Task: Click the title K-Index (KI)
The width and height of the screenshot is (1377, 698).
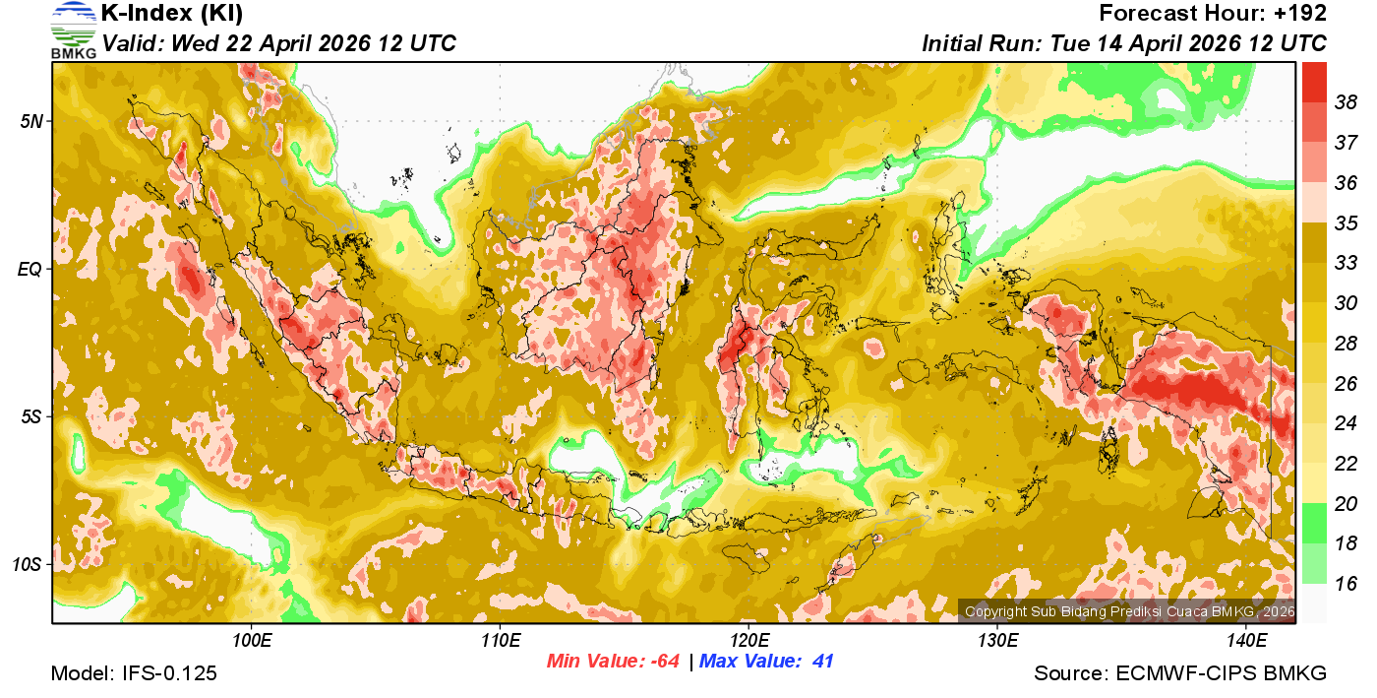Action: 172,14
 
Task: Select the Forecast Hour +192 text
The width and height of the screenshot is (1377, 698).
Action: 1213,14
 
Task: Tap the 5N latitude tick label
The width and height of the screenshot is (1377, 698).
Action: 31,121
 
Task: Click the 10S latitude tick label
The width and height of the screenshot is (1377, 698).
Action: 27,565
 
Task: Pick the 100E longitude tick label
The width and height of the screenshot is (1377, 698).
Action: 253,641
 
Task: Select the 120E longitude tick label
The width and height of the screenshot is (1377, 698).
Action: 749,641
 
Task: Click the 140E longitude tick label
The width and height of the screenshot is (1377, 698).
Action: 1247,641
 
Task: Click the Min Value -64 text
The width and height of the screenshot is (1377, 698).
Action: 614,662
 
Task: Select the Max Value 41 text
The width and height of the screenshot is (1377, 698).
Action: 766,662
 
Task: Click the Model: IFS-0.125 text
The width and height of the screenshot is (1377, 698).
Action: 134,673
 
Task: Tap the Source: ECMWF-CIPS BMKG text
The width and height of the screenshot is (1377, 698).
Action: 1180,673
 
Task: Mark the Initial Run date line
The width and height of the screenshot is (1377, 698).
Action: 1124,44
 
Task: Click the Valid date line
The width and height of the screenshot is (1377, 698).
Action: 279,44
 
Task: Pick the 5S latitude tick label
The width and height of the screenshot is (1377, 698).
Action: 31,417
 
